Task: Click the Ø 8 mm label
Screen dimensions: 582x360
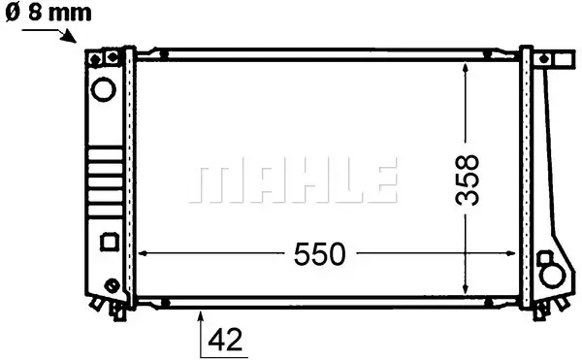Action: pyautogui.click(x=48, y=13)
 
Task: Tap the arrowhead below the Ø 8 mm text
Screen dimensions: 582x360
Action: pyautogui.click(x=71, y=38)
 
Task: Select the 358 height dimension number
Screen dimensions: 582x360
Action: pyautogui.click(x=468, y=180)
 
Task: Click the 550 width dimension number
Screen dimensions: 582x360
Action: pyautogui.click(x=319, y=254)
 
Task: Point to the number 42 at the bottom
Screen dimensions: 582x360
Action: pyautogui.click(x=225, y=340)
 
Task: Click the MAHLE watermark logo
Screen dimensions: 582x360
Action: pyautogui.click(x=293, y=180)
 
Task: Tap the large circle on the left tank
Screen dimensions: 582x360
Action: pyautogui.click(x=104, y=89)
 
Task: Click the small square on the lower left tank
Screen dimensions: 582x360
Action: pyautogui.click(x=110, y=242)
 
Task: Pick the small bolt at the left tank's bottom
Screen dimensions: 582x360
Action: pyautogui.click(x=112, y=285)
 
